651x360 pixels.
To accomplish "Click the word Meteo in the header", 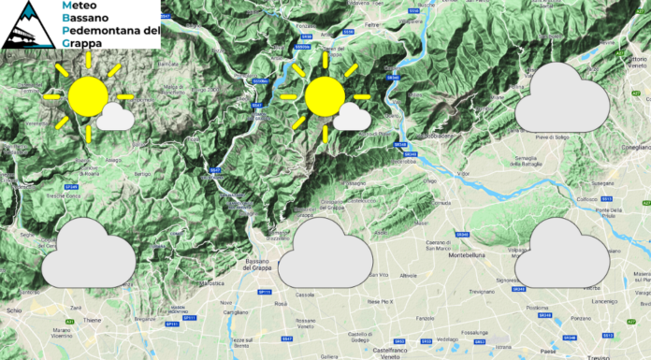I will tap(81, 7).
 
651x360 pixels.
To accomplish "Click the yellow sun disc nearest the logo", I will tap(88, 95).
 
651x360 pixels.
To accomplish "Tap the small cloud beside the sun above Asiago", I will tap(115, 117).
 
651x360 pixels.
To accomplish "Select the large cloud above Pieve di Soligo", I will tap(565, 99).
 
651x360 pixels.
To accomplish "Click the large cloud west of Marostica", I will tap(87, 252).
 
